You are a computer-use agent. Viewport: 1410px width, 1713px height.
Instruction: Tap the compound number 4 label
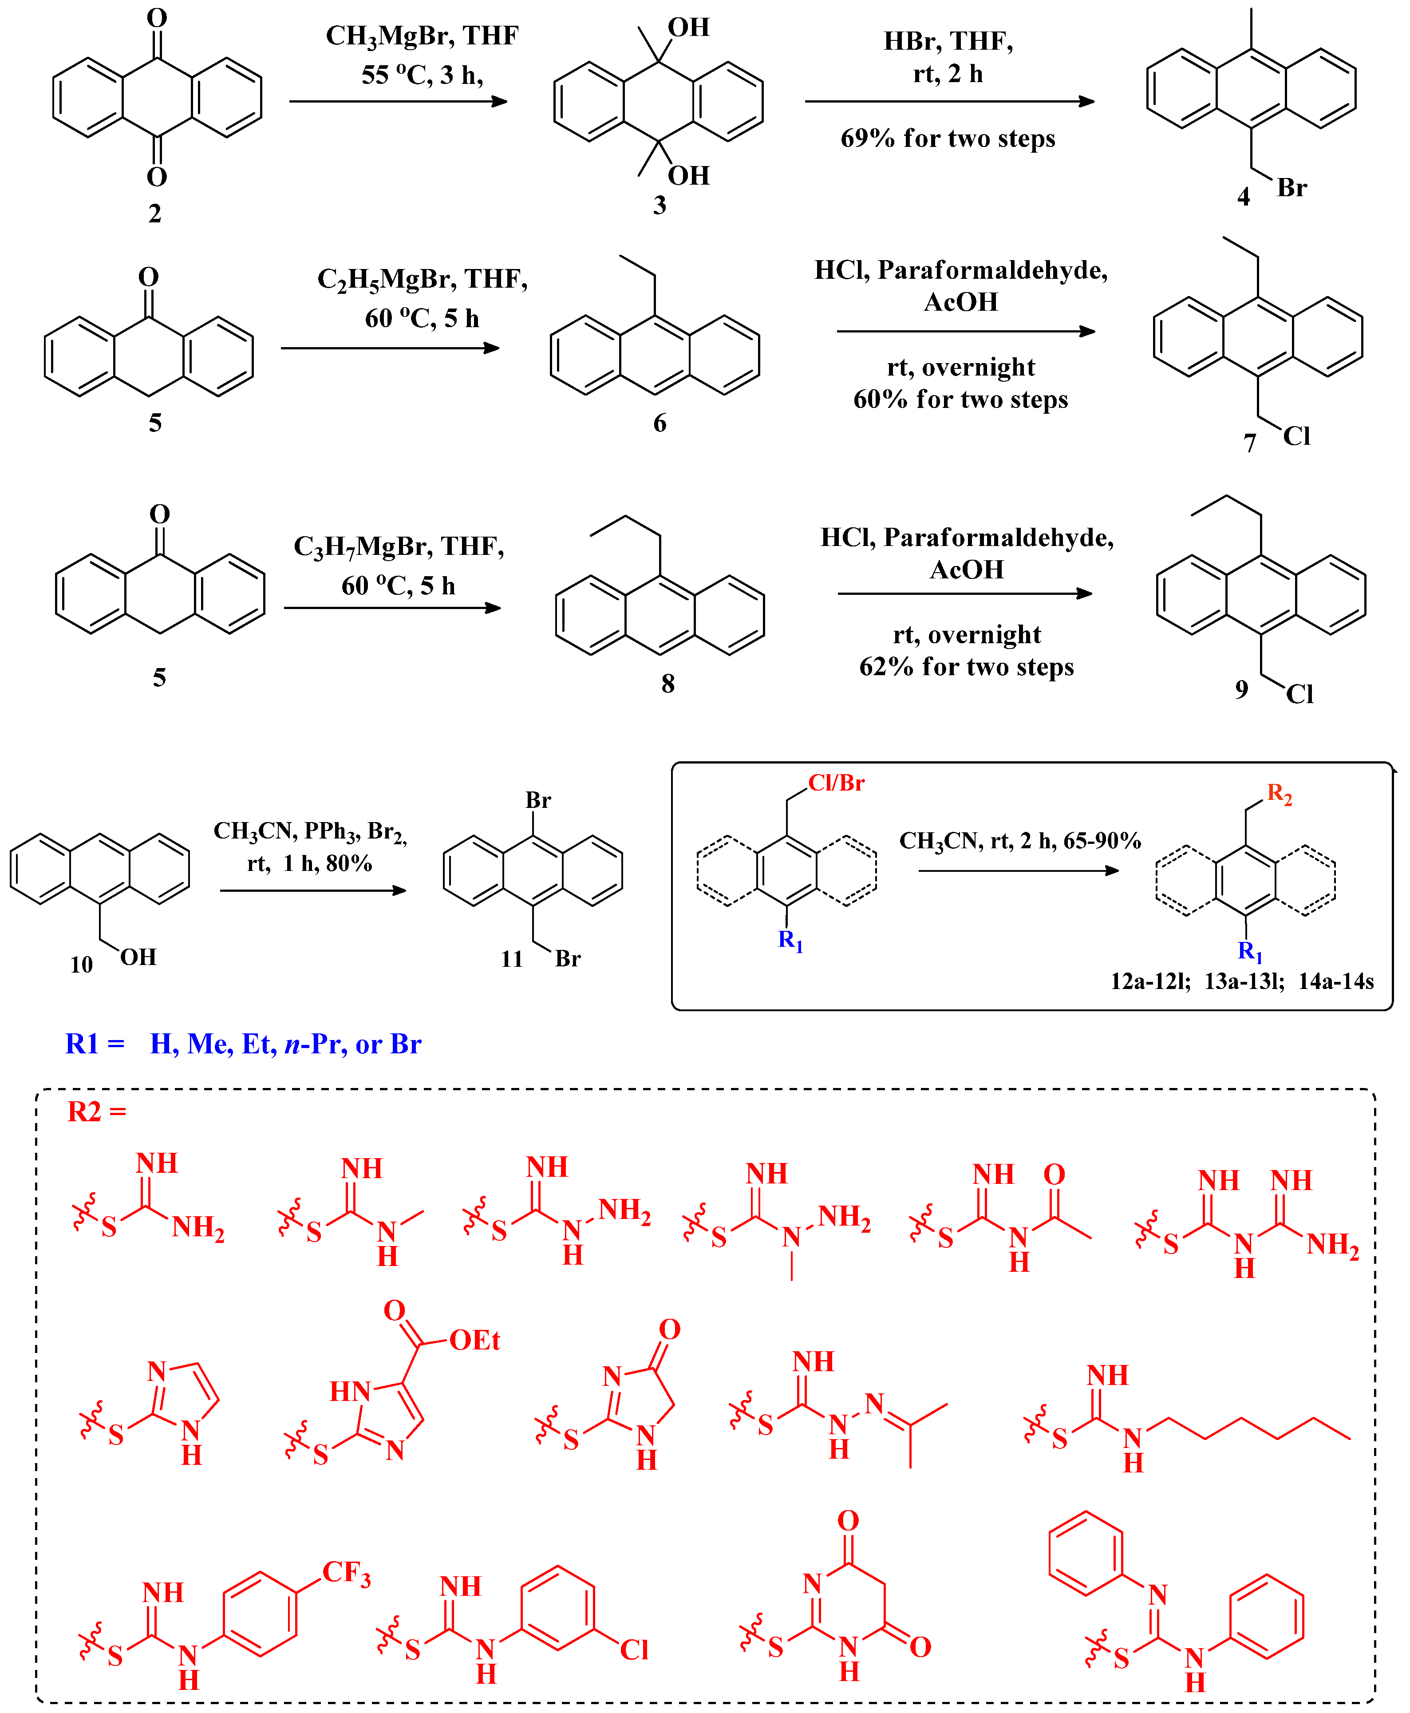(1243, 197)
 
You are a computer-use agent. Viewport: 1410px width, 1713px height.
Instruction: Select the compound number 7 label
(1249, 443)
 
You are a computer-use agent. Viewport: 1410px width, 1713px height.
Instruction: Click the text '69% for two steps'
(948, 138)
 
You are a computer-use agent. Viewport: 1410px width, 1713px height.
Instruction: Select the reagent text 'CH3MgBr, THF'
(422, 36)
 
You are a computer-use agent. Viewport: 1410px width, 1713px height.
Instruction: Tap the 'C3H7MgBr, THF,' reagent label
(399, 546)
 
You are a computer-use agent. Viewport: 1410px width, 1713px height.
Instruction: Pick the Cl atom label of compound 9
(1299, 694)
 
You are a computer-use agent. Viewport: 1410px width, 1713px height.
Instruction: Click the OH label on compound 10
(138, 957)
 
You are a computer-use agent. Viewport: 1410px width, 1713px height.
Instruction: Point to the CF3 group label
(346, 1572)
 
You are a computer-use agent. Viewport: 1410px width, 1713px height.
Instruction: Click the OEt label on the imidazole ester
(474, 1340)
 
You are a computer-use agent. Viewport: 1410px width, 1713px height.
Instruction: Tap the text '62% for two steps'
(967, 667)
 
